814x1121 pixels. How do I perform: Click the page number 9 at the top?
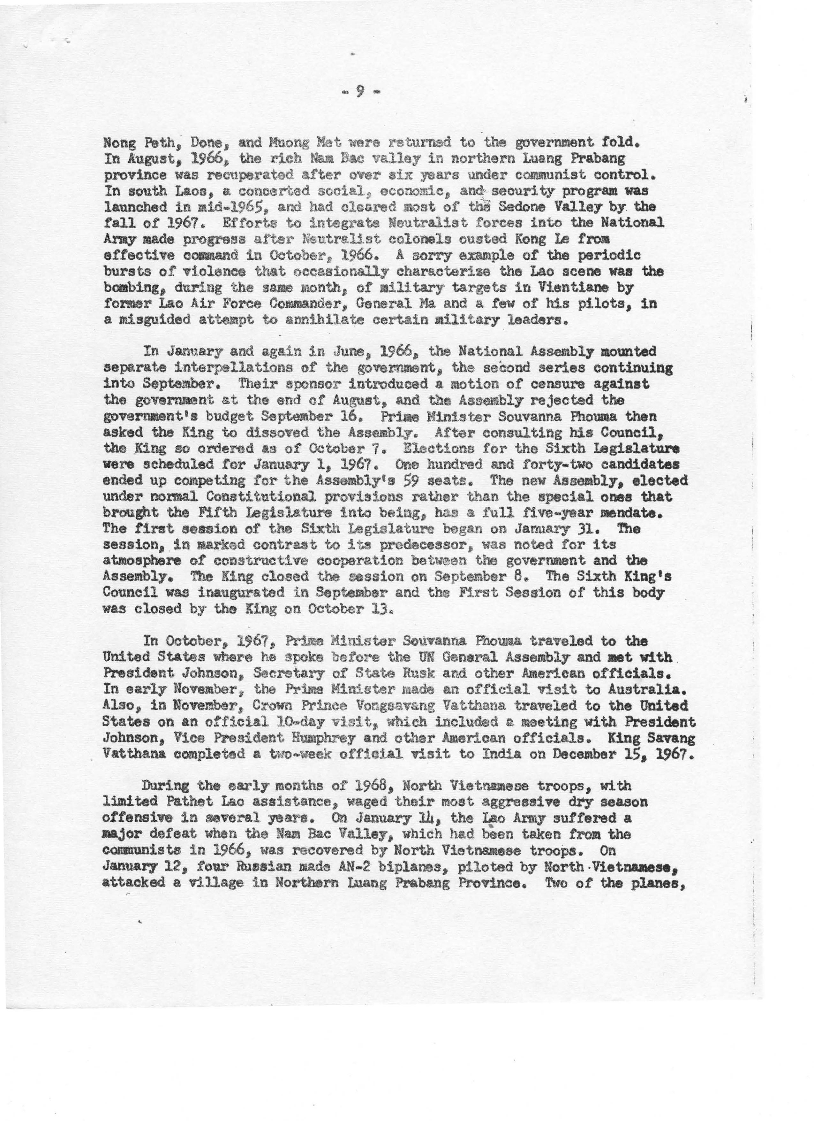click(361, 91)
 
